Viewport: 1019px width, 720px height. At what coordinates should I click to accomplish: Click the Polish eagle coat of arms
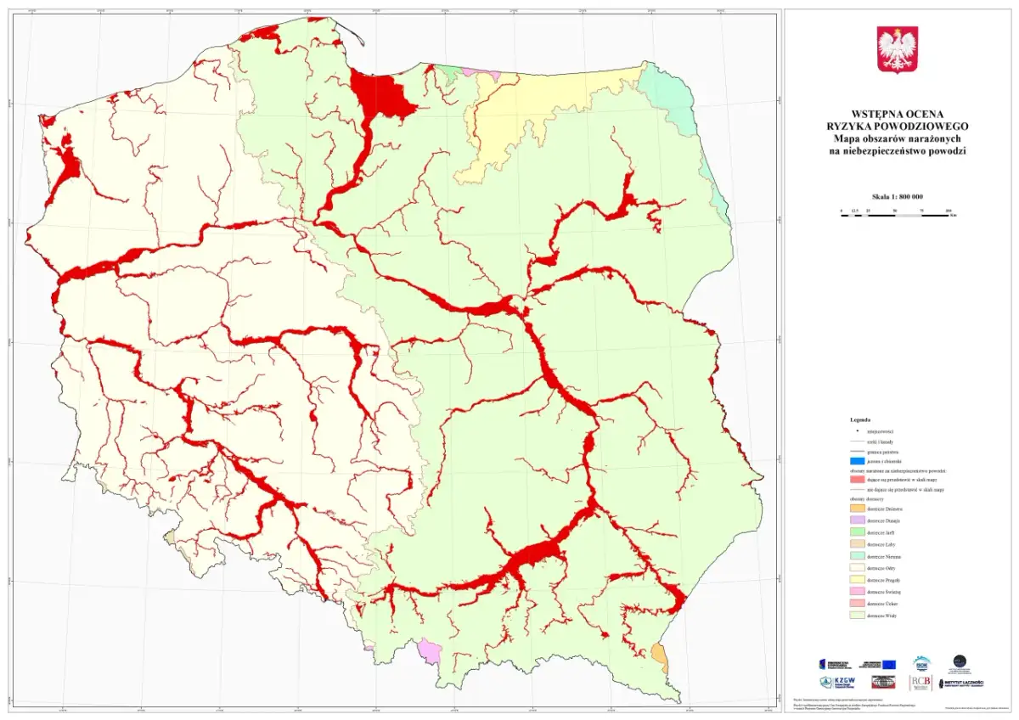tap(897, 49)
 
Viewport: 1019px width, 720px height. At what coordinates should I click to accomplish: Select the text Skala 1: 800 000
tap(897, 197)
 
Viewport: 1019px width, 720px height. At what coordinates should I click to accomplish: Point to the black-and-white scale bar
tap(897, 216)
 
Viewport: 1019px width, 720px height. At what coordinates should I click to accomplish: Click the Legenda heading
tap(860, 419)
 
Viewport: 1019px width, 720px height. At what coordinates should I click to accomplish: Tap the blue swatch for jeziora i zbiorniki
tap(856, 460)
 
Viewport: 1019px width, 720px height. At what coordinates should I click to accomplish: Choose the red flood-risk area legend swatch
tap(856, 479)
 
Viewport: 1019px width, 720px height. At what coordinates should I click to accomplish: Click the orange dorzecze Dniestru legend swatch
tap(856, 508)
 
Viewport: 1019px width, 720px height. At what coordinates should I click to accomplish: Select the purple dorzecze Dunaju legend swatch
tap(856, 520)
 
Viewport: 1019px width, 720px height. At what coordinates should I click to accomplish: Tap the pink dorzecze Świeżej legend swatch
tap(856, 591)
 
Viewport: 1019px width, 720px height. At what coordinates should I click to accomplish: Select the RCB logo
tap(920, 682)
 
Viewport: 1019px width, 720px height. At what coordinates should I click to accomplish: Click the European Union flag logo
tap(888, 664)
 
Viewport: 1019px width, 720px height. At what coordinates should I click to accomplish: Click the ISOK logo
tap(922, 662)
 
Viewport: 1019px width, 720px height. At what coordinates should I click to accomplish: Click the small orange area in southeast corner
tap(659, 655)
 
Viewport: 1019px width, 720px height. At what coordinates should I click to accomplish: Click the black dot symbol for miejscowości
tap(856, 431)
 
